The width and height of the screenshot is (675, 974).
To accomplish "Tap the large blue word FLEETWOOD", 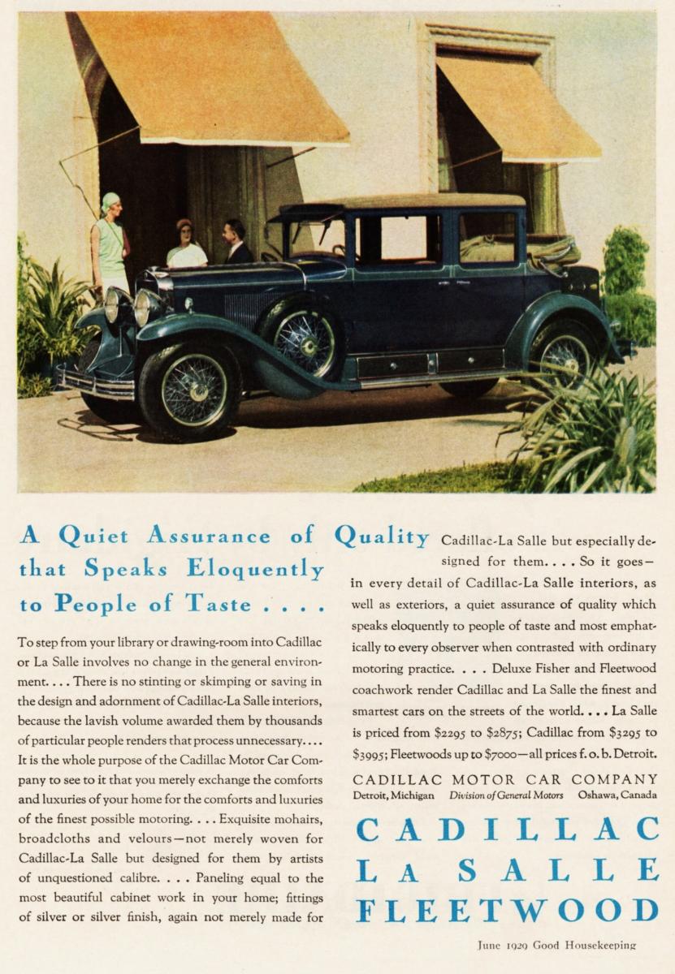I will pos(507,909).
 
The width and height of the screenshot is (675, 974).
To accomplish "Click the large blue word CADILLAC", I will pos(507,829).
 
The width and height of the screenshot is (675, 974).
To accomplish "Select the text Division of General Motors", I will pos(505,795).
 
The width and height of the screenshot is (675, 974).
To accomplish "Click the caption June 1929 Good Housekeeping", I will pos(556,945).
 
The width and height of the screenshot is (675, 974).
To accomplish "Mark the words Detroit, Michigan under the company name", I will pos(393,795).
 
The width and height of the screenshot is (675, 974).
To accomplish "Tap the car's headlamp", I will pos(147,307).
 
